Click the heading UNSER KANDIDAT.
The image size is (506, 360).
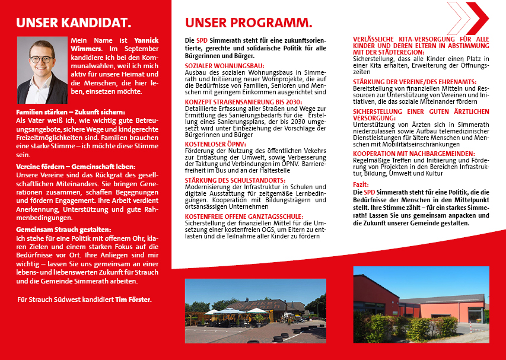pyautogui.click(x=74, y=23)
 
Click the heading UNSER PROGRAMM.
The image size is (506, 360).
pyautogui.click(x=249, y=23)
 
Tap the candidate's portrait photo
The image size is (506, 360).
pyautogui.click(x=42, y=70)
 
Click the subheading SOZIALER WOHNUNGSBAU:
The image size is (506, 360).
pyautogui.click(x=225, y=65)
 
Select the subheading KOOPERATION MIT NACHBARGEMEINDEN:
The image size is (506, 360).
pyautogui.click(x=413, y=153)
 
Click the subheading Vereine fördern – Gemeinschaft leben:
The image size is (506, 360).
pyautogui.click(x=76, y=167)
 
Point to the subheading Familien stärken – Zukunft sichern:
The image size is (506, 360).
pyautogui.click(x=71, y=112)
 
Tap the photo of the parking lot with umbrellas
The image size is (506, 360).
pyautogui.click(x=255, y=310)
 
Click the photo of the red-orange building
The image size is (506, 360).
pyautogui.click(x=422, y=304)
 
